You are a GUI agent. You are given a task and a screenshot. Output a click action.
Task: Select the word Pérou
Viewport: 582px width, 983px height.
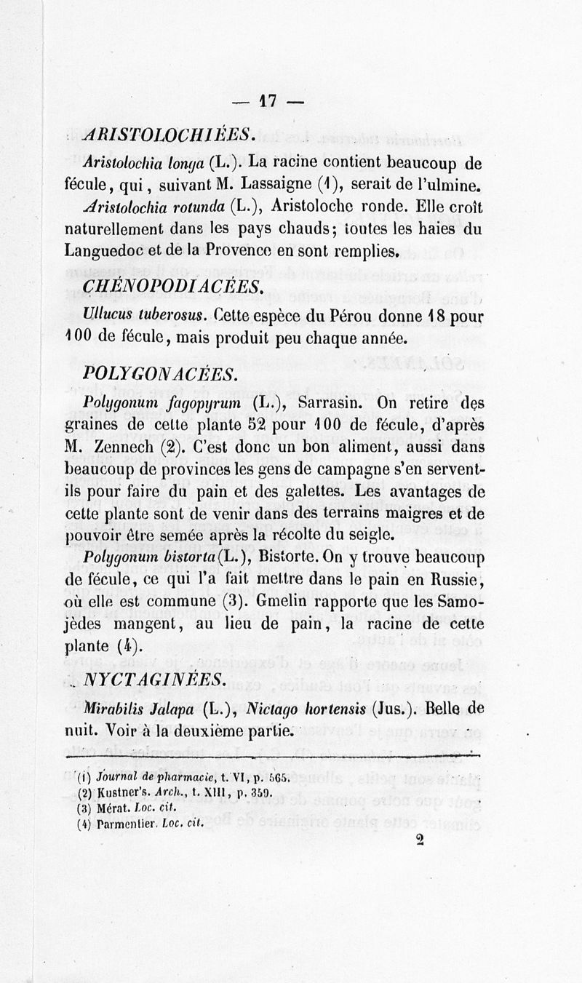[348, 317]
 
